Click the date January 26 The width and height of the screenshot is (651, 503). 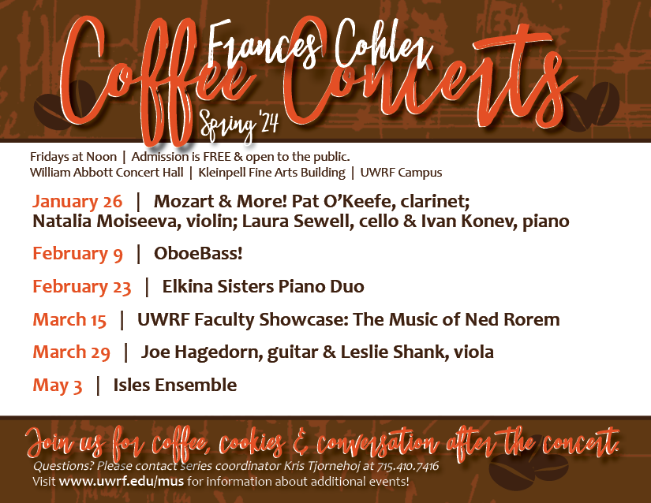coord(77,202)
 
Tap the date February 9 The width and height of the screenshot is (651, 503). coord(77,254)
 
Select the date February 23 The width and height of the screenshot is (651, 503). coord(82,287)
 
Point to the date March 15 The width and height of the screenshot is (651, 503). coord(69,320)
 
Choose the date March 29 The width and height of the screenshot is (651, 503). coord(71,352)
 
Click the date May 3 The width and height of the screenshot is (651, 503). coord(58,386)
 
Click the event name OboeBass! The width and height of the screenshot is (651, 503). coord(198,253)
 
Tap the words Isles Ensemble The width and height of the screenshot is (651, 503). coord(175,386)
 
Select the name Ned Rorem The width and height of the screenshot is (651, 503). coord(512,320)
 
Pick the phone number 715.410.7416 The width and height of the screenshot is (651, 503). coord(408,466)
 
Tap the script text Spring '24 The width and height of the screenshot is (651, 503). coord(239,125)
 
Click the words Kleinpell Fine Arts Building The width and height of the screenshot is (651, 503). coord(271,173)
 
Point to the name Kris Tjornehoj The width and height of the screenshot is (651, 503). coord(322,466)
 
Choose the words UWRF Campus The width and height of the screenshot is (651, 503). coord(401,173)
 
